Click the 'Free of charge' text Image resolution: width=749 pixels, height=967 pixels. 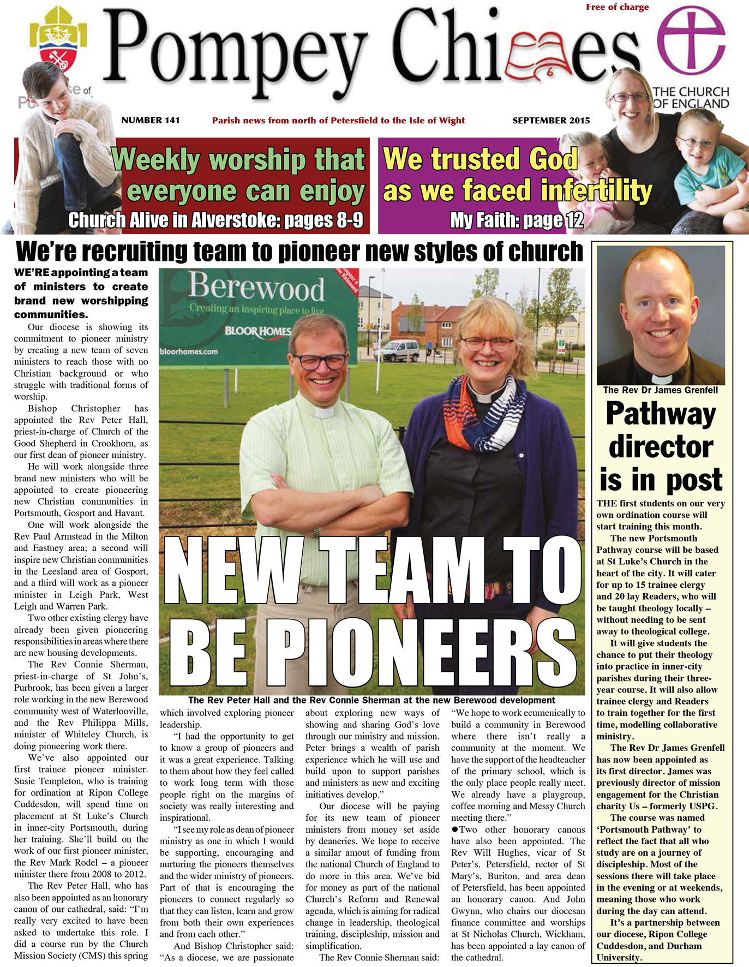[x=617, y=7]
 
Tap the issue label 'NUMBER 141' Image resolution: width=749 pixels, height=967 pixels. [x=151, y=120]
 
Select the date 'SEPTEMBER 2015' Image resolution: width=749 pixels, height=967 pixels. [x=551, y=121]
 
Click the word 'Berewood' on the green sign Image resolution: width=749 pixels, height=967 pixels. [x=256, y=287]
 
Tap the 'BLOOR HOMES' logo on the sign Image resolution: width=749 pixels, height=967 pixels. [x=257, y=331]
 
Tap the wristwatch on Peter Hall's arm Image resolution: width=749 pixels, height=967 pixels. [x=317, y=530]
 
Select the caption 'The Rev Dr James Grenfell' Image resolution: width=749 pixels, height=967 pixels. [x=660, y=390]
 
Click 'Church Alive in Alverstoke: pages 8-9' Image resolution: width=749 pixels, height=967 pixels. [x=215, y=220]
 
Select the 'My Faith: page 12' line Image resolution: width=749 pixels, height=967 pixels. [x=516, y=220]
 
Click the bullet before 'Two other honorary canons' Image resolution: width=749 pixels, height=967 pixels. [x=454, y=829]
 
